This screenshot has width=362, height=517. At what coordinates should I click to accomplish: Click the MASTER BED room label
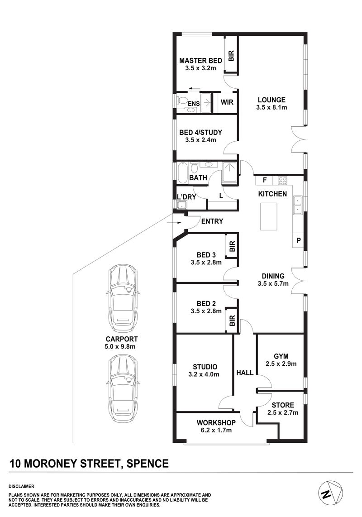(x=200, y=61)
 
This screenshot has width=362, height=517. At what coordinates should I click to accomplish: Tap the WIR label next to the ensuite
(x=227, y=102)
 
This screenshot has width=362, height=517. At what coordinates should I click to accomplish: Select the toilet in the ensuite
(x=182, y=100)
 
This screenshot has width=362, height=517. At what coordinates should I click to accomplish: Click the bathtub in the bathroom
(x=182, y=172)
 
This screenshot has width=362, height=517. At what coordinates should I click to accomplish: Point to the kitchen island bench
(x=269, y=216)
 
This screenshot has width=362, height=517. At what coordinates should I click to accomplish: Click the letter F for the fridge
(x=264, y=180)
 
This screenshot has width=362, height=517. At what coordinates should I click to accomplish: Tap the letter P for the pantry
(x=298, y=240)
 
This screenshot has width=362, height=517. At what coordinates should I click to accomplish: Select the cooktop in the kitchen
(x=282, y=180)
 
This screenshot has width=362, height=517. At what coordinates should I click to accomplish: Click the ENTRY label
(x=212, y=221)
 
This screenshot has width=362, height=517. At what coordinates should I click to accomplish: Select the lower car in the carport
(x=123, y=388)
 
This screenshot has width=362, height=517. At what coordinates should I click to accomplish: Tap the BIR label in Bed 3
(x=232, y=246)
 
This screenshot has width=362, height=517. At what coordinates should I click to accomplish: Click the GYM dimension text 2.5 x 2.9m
(x=281, y=364)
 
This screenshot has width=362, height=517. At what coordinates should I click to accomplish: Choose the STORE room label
(x=283, y=405)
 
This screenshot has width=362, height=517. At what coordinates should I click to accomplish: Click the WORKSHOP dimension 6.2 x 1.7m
(x=216, y=430)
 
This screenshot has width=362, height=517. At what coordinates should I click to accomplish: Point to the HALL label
(x=245, y=373)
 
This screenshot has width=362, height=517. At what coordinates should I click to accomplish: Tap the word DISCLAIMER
(x=21, y=486)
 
